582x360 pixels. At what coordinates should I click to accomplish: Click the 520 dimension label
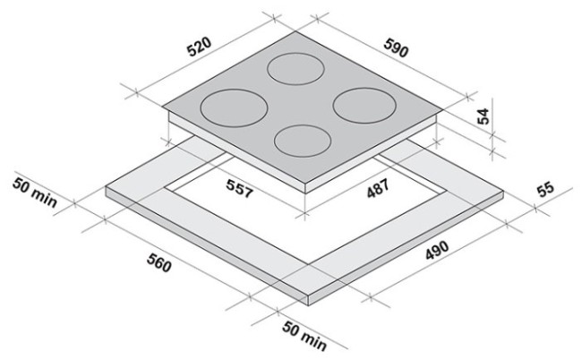[x=199, y=46]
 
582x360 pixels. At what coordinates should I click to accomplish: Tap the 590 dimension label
[x=396, y=47]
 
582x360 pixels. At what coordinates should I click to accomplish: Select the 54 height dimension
[x=483, y=116]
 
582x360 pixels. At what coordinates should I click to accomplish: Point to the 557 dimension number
[x=240, y=188]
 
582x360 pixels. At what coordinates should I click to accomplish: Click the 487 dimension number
[x=378, y=188]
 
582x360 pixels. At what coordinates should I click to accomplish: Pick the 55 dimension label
[x=545, y=189]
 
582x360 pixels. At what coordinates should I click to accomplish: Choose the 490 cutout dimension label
[x=437, y=250]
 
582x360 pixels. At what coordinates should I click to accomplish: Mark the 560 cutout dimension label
[x=159, y=262]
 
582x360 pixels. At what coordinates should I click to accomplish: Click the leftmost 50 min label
[x=35, y=193]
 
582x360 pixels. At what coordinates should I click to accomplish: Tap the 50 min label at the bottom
[x=304, y=336]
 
